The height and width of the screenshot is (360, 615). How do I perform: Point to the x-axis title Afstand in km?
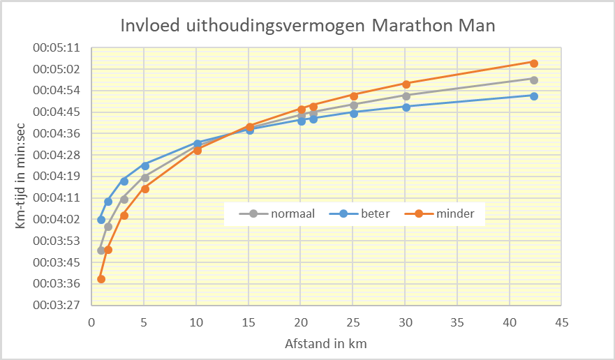(325, 344)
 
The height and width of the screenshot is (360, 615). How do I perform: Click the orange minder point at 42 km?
(534, 63)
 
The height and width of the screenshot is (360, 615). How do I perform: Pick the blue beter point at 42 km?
(534, 96)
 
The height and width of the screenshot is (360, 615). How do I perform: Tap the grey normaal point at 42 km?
(534, 80)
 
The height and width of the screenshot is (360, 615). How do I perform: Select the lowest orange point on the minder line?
(101, 279)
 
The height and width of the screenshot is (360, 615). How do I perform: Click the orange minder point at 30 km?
(406, 84)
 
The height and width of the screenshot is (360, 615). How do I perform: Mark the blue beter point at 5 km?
(145, 166)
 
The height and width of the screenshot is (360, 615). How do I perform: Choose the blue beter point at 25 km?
(354, 113)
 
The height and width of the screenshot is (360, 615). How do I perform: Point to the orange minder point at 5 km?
(145, 189)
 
